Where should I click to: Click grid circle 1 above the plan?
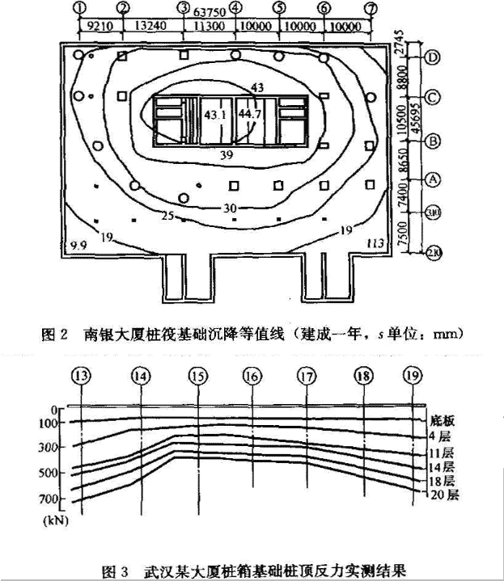pyautogui.click(x=78, y=7)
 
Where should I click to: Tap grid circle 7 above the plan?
pyautogui.click(x=371, y=7)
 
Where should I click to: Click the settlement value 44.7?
pyautogui.click(x=252, y=115)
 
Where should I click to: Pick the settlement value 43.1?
pyautogui.click(x=214, y=115)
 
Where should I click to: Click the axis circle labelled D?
pyautogui.click(x=434, y=57)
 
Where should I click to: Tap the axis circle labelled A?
pyautogui.click(x=434, y=177)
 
